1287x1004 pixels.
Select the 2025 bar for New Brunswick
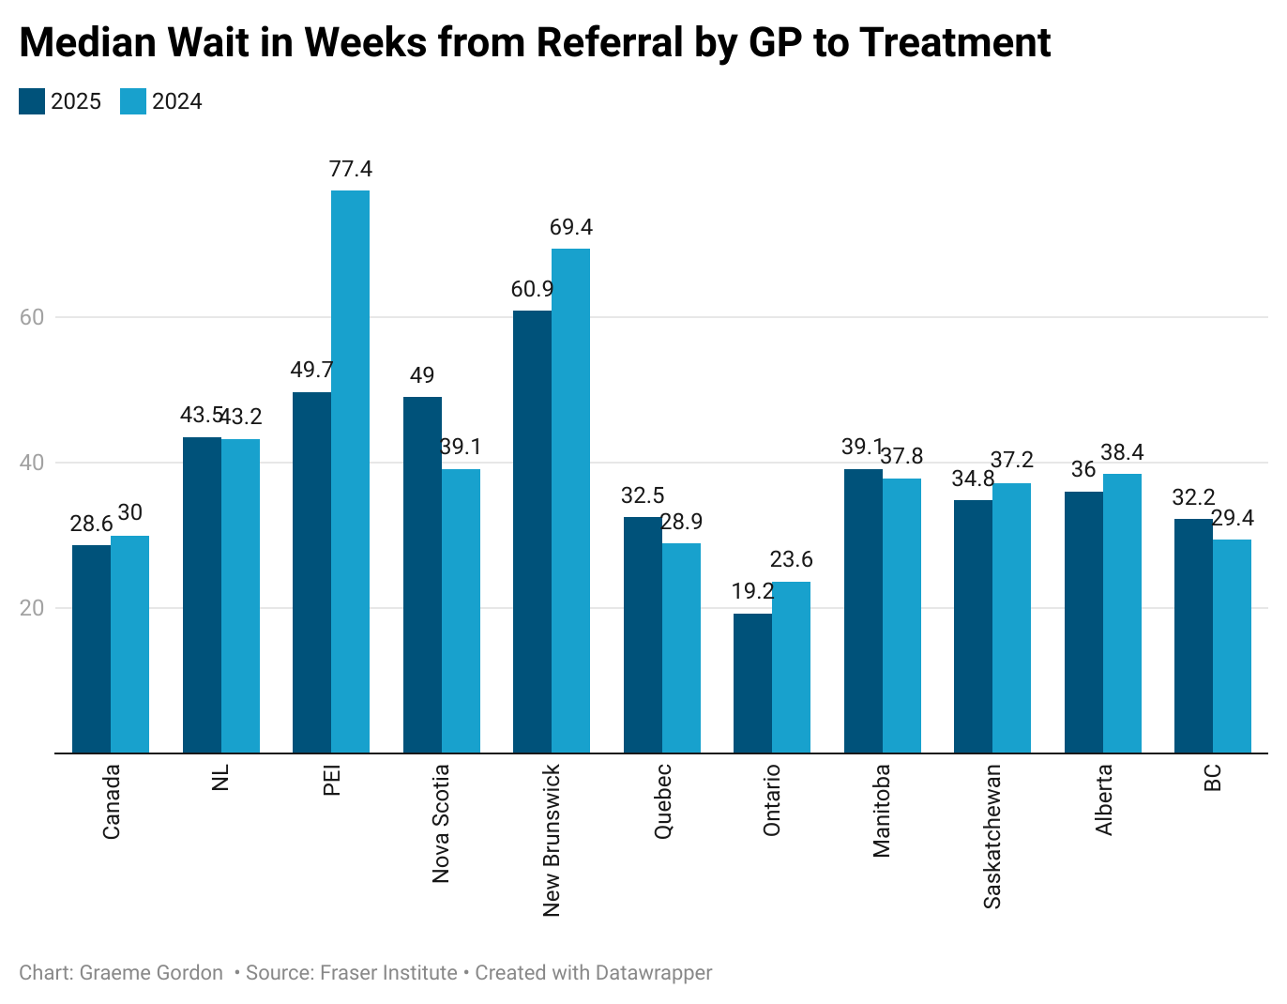[532, 531]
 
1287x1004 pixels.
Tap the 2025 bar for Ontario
[752, 682]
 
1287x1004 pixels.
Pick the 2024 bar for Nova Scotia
[461, 610]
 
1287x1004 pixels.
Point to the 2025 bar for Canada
[91, 648]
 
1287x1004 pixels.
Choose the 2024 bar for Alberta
[1122, 613]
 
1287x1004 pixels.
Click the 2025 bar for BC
[1193, 635]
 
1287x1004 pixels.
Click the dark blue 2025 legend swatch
[32, 101]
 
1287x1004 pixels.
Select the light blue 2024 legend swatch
[133, 101]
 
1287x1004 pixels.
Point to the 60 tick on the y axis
[32, 317]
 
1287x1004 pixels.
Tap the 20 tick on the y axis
[32, 608]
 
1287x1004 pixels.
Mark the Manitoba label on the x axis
[882, 811]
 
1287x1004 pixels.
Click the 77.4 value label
[350, 169]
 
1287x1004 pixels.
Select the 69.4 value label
[570, 227]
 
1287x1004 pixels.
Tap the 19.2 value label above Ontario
[752, 591]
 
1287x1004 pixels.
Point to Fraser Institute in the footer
[388, 973]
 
